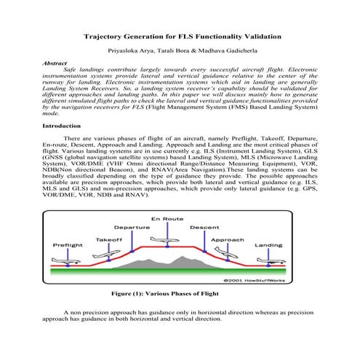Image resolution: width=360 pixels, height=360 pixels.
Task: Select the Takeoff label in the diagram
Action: [x=108, y=239]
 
